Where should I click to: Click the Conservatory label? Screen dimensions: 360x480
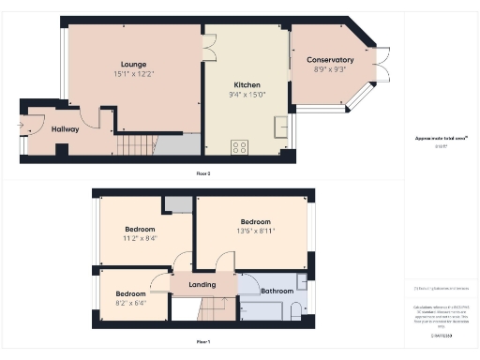tap(330, 60)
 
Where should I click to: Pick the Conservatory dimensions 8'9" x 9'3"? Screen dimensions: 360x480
tap(330, 69)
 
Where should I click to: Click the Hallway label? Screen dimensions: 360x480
tap(66, 129)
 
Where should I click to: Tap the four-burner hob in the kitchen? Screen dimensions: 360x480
tap(239, 146)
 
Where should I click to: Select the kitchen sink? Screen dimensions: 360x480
tap(280, 127)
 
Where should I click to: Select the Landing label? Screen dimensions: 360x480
tap(202, 285)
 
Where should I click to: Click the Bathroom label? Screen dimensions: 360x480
tap(277, 291)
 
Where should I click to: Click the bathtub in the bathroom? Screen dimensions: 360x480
tap(262, 312)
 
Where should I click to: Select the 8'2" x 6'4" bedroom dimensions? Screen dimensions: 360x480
tap(130, 303)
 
